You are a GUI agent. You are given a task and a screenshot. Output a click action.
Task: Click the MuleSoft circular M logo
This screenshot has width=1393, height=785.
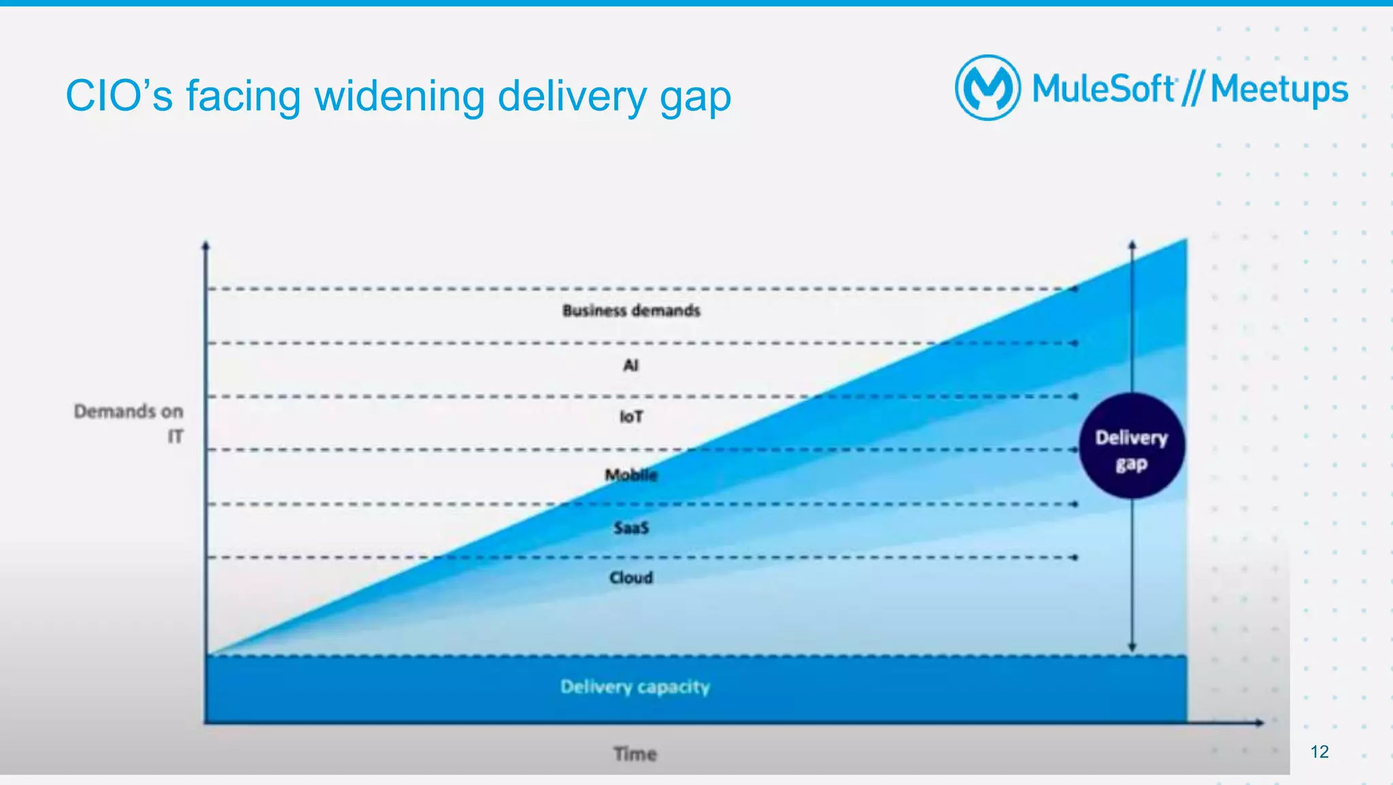pyautogui.click(x=987, y=88)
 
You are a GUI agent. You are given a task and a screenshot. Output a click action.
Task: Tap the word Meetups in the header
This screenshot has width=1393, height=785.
pyautogui.click(x=1279, y=89)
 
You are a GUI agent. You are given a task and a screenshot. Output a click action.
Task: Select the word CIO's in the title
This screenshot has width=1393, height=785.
pyautogui.click(x=119, y=96)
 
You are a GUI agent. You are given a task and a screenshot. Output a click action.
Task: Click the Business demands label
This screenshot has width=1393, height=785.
pyautogui.click(x=631, y=311)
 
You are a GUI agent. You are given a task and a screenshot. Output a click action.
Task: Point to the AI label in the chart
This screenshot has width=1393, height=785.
pyautogui.click(x=631, y=366)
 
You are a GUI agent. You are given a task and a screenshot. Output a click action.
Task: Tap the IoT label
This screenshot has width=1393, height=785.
pyautogui.click(x=631, y=417)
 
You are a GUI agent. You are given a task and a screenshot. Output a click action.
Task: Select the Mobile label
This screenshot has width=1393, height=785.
pyautogui.click(x=631, y=475)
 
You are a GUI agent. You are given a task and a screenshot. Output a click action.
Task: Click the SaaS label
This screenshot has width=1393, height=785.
pyautogui.click(x=631, y=528)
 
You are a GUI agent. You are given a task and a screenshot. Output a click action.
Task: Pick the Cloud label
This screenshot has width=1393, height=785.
pyautogui.click(x=631, y=578)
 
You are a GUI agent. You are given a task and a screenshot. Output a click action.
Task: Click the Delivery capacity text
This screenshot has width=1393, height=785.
pyautogui.click(x=635, y=687)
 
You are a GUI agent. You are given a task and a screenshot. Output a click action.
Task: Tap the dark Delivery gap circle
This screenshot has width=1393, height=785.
pyautogui.click(x=1131, y=446)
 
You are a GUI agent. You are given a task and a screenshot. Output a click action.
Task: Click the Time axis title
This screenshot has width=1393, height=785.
pyautogui.click(x=635, y=754)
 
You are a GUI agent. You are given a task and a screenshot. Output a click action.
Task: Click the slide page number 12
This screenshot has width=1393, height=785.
pyautogui.click(x=1319, y=752)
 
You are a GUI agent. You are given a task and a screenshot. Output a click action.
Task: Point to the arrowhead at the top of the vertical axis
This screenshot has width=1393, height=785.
pyautogui.click(x=205, y=245)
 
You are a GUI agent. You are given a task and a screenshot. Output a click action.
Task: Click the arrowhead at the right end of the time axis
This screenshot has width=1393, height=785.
pyautogui.click(x=1260, y=722)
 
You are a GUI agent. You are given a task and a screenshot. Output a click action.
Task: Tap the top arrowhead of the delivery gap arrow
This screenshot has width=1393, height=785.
pyautogui.click(x=1132, y=244)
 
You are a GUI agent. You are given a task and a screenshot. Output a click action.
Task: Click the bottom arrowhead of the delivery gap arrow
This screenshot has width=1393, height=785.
pyautogui.click(x=1132, y=647)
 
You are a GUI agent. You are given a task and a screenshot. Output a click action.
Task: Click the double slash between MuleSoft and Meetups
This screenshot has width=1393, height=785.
pyautogui.click(x=1192, y=89)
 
